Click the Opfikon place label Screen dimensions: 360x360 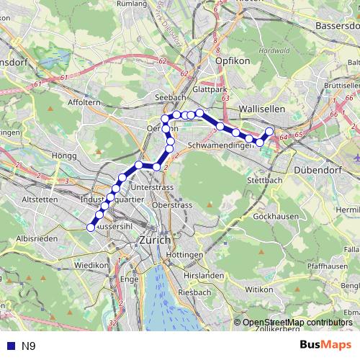pos(232,60)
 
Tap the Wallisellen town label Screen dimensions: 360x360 pos(261,107)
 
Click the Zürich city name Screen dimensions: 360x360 pos(155,240)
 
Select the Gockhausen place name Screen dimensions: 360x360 pos(275,216)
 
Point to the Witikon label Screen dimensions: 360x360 pos(259,289)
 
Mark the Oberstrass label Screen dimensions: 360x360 pos(171,205)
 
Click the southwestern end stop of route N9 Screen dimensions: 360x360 pos(91,227)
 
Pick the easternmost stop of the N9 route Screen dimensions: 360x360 pos(270,131)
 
